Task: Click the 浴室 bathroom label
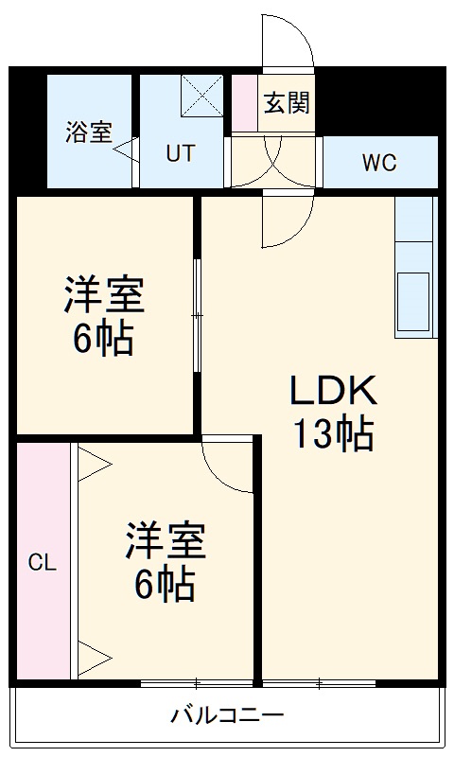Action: [x=89, y=133]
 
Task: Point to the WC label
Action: [x=379, y=162]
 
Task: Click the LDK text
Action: [x=333, y=390]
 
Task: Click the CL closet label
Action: [x=42, y=564]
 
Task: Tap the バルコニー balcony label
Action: [x=227, y=714]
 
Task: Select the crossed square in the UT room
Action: [x=201, y=96]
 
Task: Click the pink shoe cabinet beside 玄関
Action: [x=244, y=102]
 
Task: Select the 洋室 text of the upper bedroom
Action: [x=104, y=295]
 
